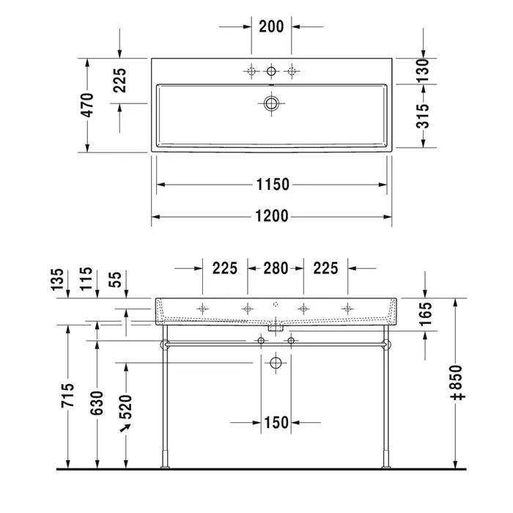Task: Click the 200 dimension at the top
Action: [271, 26]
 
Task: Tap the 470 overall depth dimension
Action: [88, 105]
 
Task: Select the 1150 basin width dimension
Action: [273, 185]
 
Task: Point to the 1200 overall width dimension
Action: [272, 216]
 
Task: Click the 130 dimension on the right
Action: [423, 70]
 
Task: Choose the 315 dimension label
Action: [423, 116]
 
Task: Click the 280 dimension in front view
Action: [276, 268]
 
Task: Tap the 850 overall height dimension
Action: [458, 383]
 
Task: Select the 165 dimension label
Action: [426, 314]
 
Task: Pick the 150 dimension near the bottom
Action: [276, 422]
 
